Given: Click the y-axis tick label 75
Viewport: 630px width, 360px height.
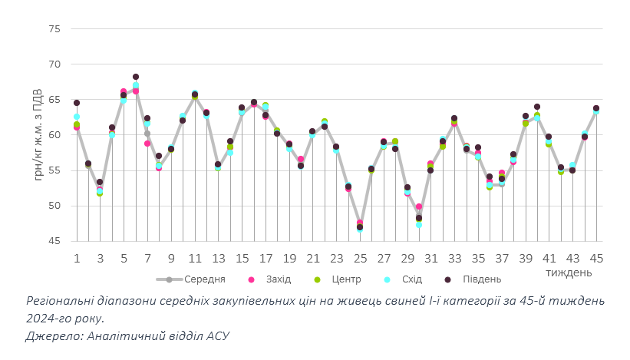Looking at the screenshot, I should (x=54, y=28).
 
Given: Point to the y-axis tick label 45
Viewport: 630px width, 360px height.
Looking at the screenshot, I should (x=54, y=241).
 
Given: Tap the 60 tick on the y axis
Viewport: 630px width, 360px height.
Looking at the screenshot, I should (x=54, y=135).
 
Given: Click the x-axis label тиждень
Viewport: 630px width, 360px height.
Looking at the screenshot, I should (x=568, y=272).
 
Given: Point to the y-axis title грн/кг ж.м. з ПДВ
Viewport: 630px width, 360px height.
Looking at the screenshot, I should (x=38, y=135).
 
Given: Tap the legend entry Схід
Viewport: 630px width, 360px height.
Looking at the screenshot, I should (x=405, y=280).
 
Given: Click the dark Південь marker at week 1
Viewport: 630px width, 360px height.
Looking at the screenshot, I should (x=77, y=103).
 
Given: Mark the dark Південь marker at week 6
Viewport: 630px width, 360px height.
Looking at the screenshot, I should (x=136, y=77).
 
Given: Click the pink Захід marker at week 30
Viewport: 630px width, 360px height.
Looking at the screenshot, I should (x=419, y=206).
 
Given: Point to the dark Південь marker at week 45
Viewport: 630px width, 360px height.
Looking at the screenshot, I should (x=596, y=109).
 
